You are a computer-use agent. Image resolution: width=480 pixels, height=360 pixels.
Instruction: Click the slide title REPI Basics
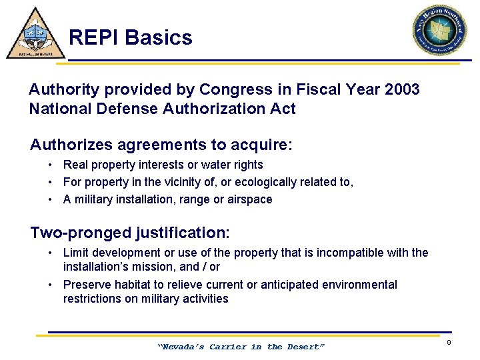(x=130, y=37)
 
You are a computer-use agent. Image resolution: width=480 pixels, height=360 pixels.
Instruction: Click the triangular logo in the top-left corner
(x=35, y=34)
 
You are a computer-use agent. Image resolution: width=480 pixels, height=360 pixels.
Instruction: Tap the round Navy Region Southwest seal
(x=439, y=31)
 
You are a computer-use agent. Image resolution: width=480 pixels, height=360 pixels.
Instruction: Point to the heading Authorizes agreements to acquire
(x=161, y=145)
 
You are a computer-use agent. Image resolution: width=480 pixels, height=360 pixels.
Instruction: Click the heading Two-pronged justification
(x=130, y=233)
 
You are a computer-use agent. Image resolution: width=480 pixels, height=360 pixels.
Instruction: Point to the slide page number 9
(x=449, y=342)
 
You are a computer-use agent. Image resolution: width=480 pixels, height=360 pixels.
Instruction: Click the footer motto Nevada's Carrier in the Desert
(x=241, y=347)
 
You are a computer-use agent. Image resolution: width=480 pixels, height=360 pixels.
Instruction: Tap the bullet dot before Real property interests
(x=51, y=165)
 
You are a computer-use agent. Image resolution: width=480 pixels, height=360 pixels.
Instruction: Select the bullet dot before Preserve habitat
(x=51, y=285)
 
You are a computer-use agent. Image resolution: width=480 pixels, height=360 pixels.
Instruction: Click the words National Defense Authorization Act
(x=162, y=109)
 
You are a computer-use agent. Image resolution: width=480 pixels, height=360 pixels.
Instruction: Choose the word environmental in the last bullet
(x=359, y=285)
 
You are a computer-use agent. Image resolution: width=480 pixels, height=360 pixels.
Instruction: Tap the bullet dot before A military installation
(x=51, y=199)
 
